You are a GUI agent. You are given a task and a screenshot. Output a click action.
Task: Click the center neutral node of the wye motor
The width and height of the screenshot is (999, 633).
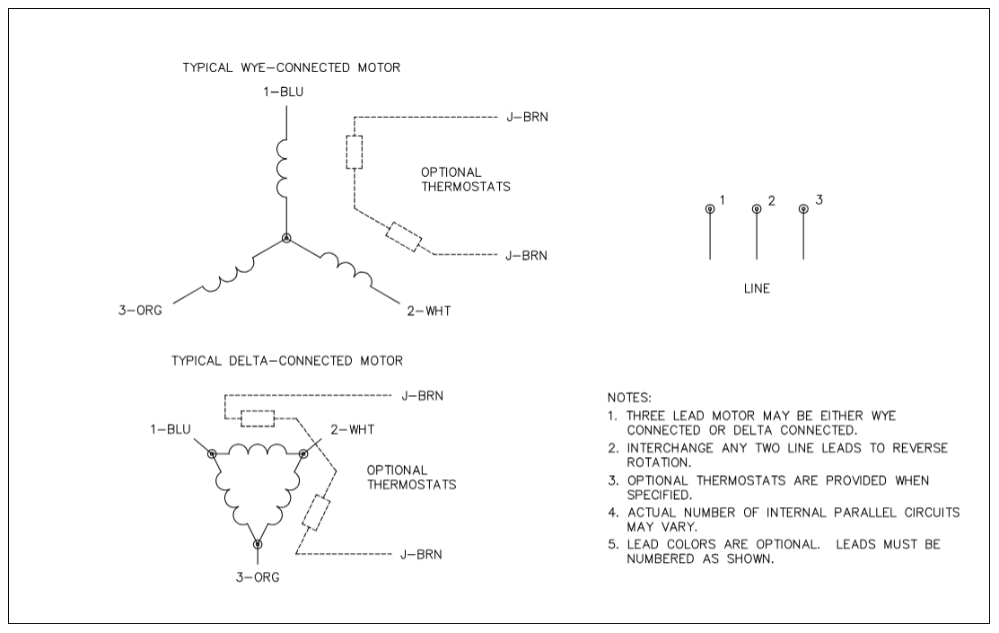click(x=286, y=239)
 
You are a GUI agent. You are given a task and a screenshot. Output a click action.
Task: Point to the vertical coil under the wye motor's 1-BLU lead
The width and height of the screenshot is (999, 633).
click(x=285, y=168)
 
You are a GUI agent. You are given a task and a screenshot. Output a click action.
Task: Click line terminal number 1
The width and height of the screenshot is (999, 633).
click(x=710, y=208)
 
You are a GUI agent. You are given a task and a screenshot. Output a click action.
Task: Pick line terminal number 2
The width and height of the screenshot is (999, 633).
click(x=757, y=208)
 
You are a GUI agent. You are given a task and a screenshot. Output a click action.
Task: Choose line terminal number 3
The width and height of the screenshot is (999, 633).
click(x=803, y=208)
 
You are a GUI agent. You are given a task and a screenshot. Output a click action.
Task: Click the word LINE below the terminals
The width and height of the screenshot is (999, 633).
click(x=757, y=289)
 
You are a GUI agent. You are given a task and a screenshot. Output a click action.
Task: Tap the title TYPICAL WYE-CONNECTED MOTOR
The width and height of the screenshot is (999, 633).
click(x=292, y=67)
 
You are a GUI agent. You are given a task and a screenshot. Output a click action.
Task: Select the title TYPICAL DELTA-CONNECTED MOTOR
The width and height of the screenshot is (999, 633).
click(x=287, y=361)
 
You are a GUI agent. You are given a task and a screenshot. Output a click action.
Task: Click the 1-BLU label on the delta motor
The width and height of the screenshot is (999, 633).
click(x=171, y=429)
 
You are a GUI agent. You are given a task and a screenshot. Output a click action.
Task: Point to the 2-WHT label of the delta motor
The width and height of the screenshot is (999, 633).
click(x=353, y=429)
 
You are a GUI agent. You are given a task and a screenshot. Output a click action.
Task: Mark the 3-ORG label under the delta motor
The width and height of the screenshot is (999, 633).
click(x=258, y=577)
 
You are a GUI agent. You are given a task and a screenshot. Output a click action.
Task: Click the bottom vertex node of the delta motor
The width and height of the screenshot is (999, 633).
click(x=259, y=544)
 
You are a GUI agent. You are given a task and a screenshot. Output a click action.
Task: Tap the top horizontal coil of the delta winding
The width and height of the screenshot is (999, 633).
click(x=259, y=450)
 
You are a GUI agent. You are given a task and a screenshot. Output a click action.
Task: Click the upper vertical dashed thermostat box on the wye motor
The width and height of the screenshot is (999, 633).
click(x=355, y=152)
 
